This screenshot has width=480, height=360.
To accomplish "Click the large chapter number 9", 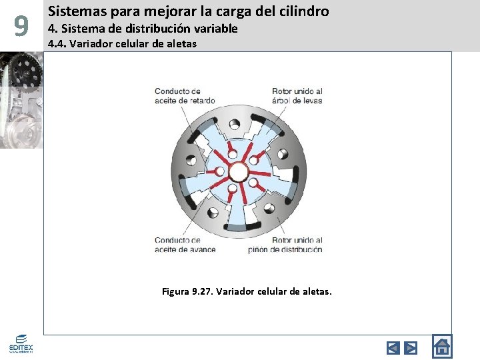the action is [x=21, y=26].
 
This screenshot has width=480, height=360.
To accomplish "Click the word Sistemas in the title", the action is [x=72, y=11].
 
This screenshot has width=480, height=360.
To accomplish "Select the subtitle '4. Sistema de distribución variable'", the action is [x=143, y=29].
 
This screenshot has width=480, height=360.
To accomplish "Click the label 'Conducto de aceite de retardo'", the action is [x=185, y=96].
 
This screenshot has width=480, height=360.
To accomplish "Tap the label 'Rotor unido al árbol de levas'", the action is [x=297, y=96].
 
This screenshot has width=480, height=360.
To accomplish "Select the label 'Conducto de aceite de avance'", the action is [x=185, y=245].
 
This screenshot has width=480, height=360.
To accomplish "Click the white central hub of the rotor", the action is [x=238, y=172].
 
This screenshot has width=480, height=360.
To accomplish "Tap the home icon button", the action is [x=441, y=346].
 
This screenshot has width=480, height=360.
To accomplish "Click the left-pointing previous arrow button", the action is [x=393, y=347].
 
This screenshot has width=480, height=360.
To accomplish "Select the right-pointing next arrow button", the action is [x=411, y=347].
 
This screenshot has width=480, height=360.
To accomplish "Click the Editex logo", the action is [x=21, y=344].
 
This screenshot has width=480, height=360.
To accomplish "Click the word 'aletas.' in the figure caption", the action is [x=316, y=291].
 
